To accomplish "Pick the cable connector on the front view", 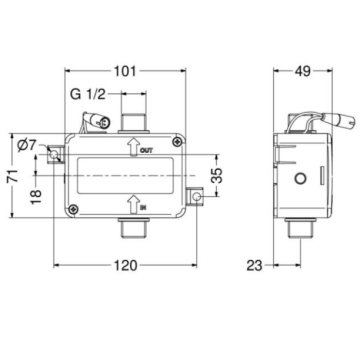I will coord(96,122).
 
